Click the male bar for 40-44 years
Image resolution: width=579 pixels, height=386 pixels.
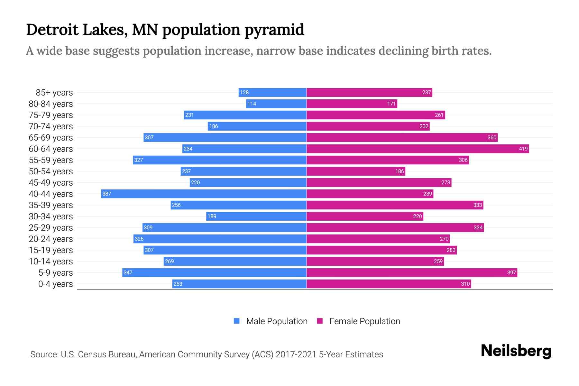click(x=204, y=194)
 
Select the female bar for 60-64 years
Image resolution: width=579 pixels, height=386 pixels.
click(x=418, y=149)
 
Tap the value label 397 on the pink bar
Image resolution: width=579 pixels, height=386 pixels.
click(x=511, y=272)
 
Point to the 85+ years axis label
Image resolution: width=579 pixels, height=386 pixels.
click(x=54, y=93)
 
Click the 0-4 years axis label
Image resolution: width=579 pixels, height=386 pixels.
click(x=55, y=284)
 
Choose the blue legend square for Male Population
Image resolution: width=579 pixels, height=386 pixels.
click(x=237, y=321)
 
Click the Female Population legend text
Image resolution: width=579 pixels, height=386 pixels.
click(x=364, y=321)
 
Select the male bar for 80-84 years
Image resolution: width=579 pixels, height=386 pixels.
click(x=276, y=104)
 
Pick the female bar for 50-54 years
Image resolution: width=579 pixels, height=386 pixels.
click(x=356, y=171)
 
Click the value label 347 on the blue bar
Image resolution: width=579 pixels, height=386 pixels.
click(x=128, y=272)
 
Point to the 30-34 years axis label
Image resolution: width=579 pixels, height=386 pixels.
click(x=51, y=216)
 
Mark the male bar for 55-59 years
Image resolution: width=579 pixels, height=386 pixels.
click(x=219, y=160)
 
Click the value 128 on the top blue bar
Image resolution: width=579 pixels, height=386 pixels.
click(x=244, y=92)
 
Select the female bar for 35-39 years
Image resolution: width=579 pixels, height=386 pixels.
click(x=395, y=205)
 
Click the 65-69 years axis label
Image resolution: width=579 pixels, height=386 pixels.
click(x=51, y=138)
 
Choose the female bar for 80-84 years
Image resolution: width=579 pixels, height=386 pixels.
click(x=352, y=104)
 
